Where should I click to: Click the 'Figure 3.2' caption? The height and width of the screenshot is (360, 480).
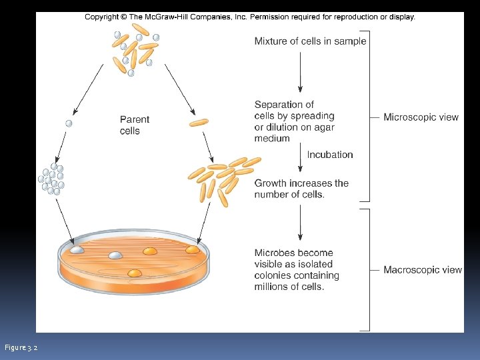pos(21,348)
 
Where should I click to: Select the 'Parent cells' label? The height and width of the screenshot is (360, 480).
pos(135,125)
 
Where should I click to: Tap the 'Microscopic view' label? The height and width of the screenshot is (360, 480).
pos(421,117)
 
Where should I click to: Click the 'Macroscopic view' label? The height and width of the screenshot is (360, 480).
pos(423,270)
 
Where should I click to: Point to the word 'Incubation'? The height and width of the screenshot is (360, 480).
pos(330,155)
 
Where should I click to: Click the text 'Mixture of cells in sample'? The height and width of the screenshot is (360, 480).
pos(310,41)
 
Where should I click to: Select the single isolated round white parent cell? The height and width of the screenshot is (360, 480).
pos(68,123)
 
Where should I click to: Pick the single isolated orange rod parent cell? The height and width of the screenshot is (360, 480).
pos(199,122)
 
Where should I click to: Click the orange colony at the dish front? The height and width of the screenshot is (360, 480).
pos(135,273)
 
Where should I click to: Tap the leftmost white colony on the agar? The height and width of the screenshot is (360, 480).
pos(77,249)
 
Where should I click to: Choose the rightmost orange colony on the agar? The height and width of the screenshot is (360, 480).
pos(192,249)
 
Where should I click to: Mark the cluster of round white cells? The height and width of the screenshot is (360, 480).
pos(51,178)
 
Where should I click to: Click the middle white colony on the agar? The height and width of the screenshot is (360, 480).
pos(116,255)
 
